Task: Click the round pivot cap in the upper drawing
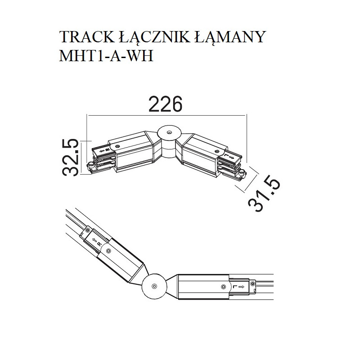point(169,133)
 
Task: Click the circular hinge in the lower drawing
point(154,285)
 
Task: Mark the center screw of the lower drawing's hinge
point(154,285)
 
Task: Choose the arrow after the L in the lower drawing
point(242,285)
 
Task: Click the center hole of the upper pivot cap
point(169,133)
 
